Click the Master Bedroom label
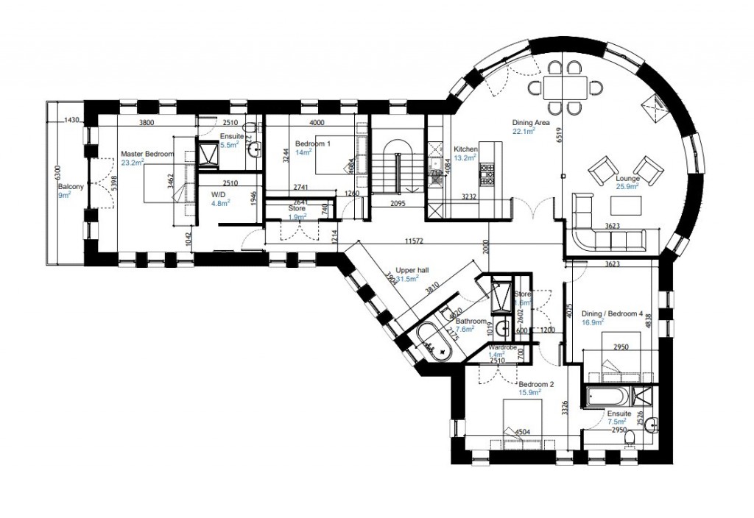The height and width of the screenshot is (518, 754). click(x=147, y=154)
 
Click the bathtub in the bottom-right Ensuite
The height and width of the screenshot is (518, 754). click(x=608, y=399)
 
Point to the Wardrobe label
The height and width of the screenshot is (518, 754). click(x=501, y=347)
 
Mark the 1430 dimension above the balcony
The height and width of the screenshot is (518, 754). click(x=71, y=119)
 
